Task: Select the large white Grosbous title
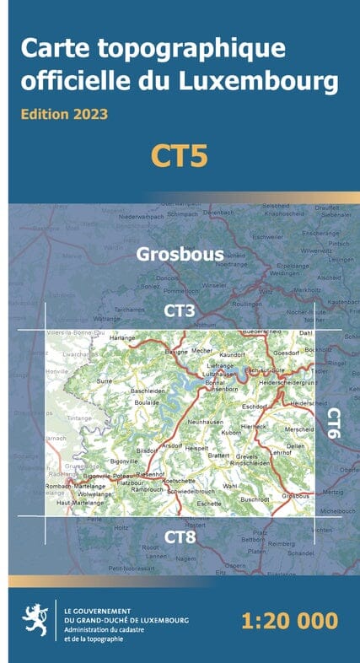click(180, 253)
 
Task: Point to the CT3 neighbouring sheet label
click(180, 311)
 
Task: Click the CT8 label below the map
click(180, 536)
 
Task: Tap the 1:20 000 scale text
click(289, 622)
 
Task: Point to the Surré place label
click(105, 381)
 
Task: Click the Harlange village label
click(122, 338)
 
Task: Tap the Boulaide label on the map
click(147, 402)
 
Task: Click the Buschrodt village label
click(254, 499)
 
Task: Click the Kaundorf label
click(231, 357)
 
